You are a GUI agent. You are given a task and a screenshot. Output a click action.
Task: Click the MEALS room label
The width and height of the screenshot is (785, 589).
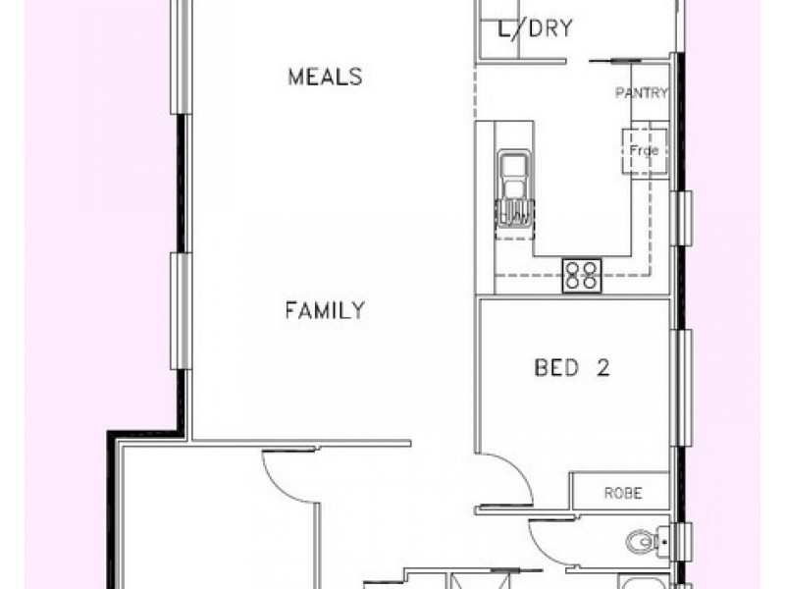(325, 78)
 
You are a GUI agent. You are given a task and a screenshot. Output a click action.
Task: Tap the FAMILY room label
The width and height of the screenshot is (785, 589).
(325, 310)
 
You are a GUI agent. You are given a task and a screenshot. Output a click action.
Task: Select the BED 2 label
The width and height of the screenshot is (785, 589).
(572, 367)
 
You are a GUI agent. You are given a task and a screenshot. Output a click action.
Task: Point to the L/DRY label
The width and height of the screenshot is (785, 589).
(535, 28)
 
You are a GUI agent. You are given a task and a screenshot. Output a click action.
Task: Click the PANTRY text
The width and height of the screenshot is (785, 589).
(642, 93)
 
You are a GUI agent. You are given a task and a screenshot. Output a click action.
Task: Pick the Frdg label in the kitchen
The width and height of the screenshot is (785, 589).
(645, 150)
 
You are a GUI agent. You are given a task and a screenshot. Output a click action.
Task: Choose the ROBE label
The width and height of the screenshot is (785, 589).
(623, 494)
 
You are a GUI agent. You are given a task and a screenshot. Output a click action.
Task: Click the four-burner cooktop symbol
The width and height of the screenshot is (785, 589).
(582, 276)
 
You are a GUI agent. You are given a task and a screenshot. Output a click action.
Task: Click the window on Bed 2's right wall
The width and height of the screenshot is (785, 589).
(684, 388)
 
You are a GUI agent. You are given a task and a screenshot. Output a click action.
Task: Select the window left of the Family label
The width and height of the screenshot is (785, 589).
(181, 311)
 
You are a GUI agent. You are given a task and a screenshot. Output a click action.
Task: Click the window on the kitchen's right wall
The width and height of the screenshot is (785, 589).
(684, 218)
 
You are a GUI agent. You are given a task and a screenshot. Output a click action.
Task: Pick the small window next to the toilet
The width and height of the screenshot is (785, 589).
(684, 540)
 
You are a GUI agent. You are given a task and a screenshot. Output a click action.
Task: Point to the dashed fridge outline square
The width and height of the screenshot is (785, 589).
(645, 151)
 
